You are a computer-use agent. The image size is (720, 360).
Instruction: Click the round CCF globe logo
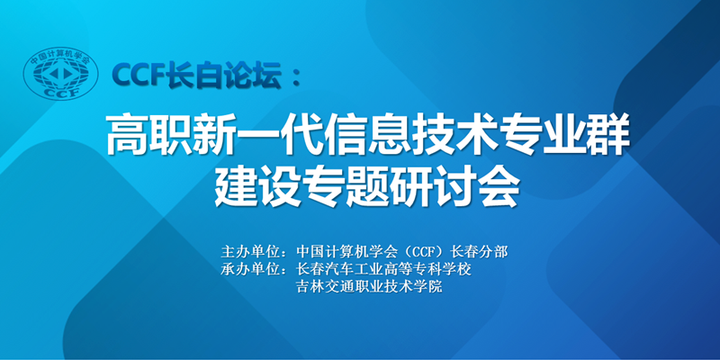(x=60, y=73)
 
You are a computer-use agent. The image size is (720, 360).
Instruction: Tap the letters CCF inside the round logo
(x=60, y=91)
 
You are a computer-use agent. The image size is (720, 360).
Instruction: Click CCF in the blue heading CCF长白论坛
(x=140, y=75)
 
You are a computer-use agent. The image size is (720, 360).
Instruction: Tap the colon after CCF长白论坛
(x=297, y=75)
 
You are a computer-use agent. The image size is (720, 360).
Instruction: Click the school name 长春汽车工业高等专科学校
(x=384, y=269)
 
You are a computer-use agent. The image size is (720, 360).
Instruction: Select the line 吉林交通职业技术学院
(x=370, y=287)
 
